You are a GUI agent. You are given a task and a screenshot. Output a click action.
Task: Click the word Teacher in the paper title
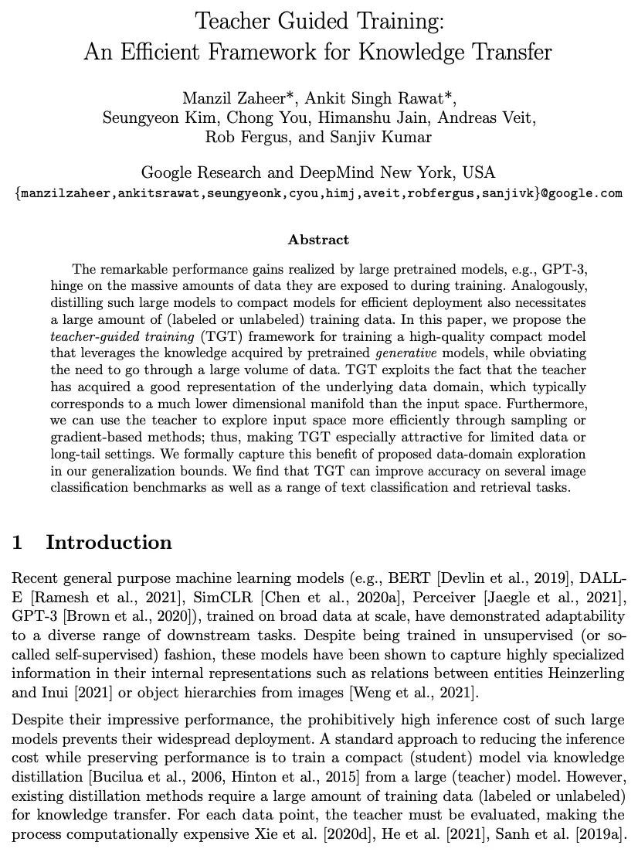(x=230, y=20)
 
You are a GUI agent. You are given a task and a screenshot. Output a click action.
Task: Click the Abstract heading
(x=318, y=240)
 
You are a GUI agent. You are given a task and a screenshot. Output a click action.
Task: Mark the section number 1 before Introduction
(x=16, y=542)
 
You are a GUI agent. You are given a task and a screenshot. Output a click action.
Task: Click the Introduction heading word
(x=109, y=542)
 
